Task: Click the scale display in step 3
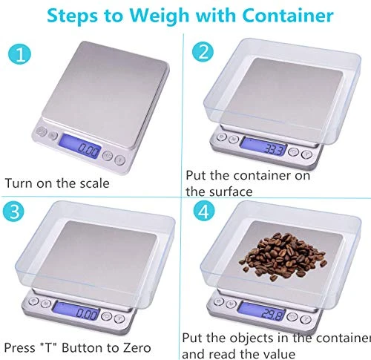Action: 88,312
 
